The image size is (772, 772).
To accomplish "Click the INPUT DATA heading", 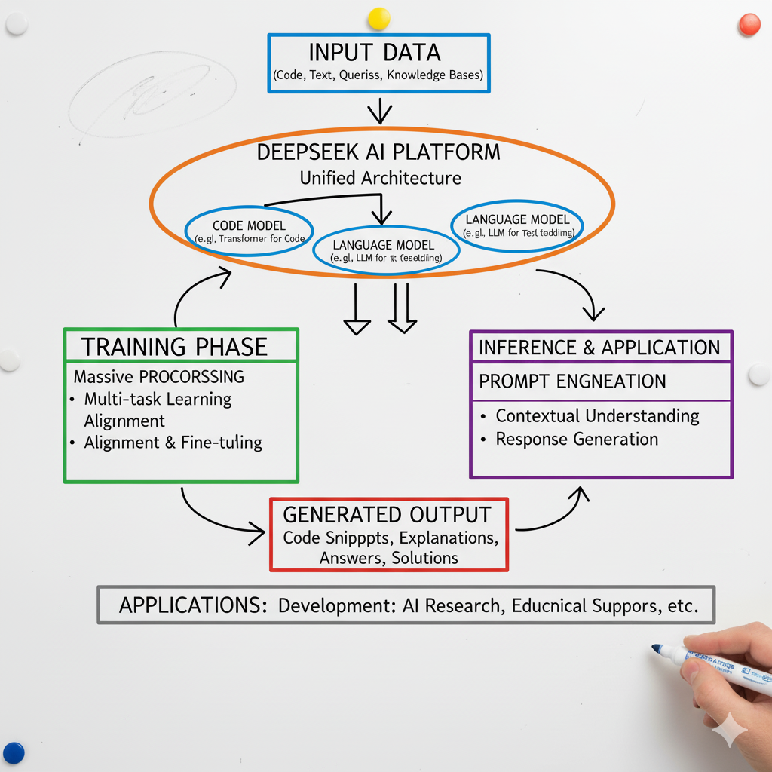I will (x=375, y=53).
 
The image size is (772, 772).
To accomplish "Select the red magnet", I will (x=749, y=24).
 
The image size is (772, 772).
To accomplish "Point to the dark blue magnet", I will (x=14, y=752).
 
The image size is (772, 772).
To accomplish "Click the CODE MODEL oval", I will (x=248, y=231).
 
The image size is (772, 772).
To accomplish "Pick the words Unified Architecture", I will (x=380, y=178).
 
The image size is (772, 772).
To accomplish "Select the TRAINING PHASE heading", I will (x=174, y=347).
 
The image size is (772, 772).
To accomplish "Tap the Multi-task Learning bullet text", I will (x=158, y=399).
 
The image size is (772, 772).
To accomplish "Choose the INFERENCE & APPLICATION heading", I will (x=599, y=348).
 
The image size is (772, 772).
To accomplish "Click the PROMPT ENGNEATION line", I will (x=572, y=381).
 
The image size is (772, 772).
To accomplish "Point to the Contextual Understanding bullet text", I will (x=597, y=415).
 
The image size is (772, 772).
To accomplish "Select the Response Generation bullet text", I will (x=577, y=439).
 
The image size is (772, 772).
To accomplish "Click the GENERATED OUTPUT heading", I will (x=387, y=515).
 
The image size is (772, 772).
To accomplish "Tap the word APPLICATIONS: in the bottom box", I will (x=193, y=605).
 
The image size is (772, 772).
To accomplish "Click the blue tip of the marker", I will (x=657, y=648).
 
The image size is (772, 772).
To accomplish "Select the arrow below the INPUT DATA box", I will (x=380, y=112).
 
